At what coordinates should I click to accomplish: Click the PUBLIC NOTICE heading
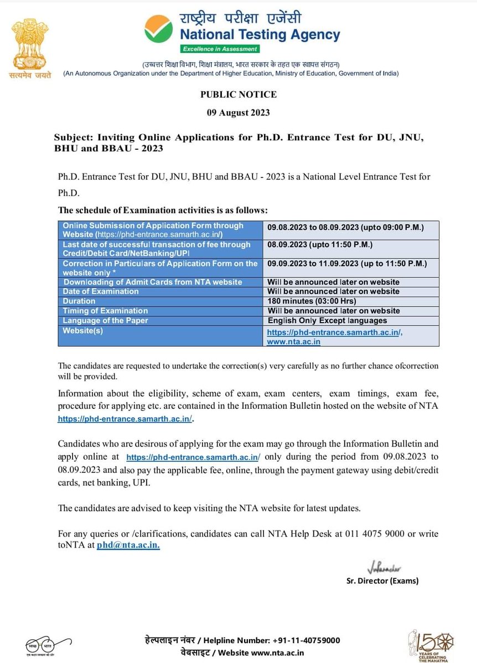click(x=238, y=94)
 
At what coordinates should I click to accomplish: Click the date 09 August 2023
click(x=238, y=113)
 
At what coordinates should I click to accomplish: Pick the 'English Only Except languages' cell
click(x=327, y=320)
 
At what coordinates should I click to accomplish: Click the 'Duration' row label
click(x=79, y=301)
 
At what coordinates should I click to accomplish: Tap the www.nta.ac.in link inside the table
click(x=293, y=342)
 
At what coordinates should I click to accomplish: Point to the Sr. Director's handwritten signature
click(x=383, y=569)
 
